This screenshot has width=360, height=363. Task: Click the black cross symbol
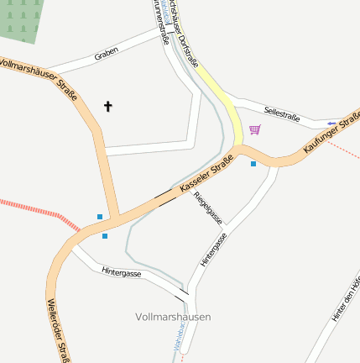pyautogui.click(x=107, y=106)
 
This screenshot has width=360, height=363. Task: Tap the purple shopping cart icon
pyautogui.click(x=254, y=129)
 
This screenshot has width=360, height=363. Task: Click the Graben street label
pyautogui.click(x=107, y=53)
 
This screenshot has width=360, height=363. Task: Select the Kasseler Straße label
pyautogui.click(x=205, y=175)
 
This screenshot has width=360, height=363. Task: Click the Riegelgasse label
pyautogui.click(x=208, y=208)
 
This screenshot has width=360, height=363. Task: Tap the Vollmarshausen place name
pyautogui.click(x=173, y=317)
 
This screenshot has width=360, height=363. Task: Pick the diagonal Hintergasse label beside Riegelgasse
pyautogui.click(x=214, y=250)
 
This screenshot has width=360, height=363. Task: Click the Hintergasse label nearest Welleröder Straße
pyautogui.click(x=121, y=272)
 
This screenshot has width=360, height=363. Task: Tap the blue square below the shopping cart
pyautogui.click(x=253, y=164)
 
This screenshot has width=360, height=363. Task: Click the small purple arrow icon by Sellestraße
pyautogui.click(x=332, y=124)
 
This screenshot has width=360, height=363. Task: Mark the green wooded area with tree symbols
pyautogui.click(x=18, y=21)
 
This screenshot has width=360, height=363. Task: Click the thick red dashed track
pyautogui.click(x=38, y=211)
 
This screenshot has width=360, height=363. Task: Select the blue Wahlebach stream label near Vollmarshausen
pyautogui.click(x=177, y=340)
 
